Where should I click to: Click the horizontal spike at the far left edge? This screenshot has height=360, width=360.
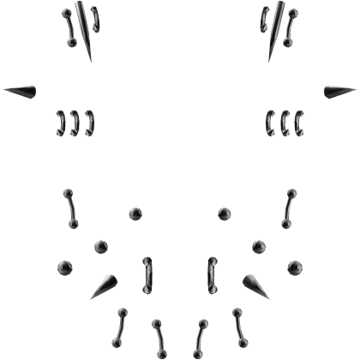[23, 89]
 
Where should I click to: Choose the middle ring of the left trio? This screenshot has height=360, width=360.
[75, 124]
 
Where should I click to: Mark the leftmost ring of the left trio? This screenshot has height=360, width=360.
[62, 124]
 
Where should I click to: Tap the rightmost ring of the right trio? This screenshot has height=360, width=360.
[299, 124]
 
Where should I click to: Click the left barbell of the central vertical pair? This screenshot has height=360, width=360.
[148, 273]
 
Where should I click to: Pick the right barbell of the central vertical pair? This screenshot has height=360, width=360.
[211, 273]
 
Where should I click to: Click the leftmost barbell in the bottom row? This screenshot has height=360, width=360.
[122, 322]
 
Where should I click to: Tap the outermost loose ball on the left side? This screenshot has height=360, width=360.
[63, 269]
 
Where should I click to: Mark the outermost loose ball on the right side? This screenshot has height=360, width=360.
[296, 269]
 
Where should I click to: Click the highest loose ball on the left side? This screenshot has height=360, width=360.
[135, 213]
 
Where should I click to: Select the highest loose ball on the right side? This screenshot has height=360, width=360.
[225, 213]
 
